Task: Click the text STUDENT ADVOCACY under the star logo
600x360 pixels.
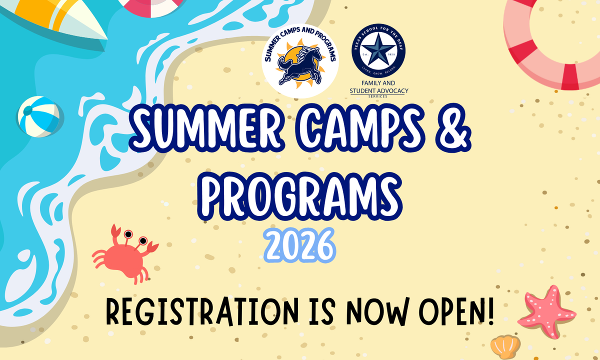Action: [378, 90]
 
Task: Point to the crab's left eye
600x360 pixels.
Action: [128, 233]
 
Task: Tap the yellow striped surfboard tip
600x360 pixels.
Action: [75, 17]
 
